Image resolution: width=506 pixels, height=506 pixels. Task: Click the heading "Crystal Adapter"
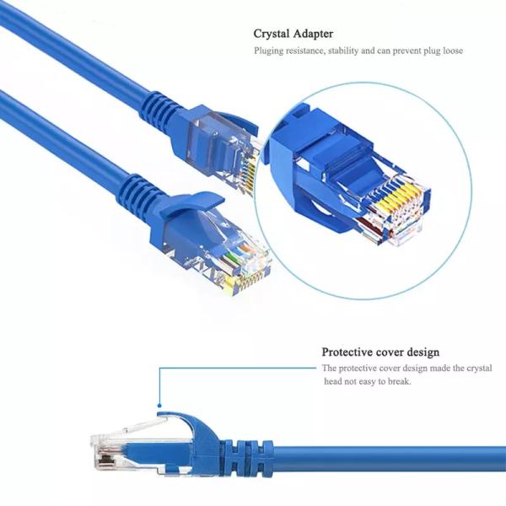(293, 34)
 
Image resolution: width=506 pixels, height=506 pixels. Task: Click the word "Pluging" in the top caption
(271, 51)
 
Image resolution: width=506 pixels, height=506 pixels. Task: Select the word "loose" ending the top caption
(449, 51)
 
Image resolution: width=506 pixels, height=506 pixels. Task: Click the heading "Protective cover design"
(380, 352)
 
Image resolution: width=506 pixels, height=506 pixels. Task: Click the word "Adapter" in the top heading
(314, 34)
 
